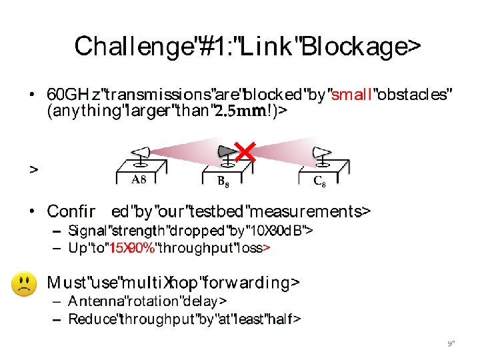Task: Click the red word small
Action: pyautogui.click(x=351, y=95)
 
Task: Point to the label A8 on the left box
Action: pyautogui.click(x=139, y=179)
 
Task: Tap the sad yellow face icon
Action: pyautogui.click(x=24, y=285)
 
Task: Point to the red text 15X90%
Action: pyautogui.click(x=133, y=248)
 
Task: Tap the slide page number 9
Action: pyautogui.click(x=450, y=344)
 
